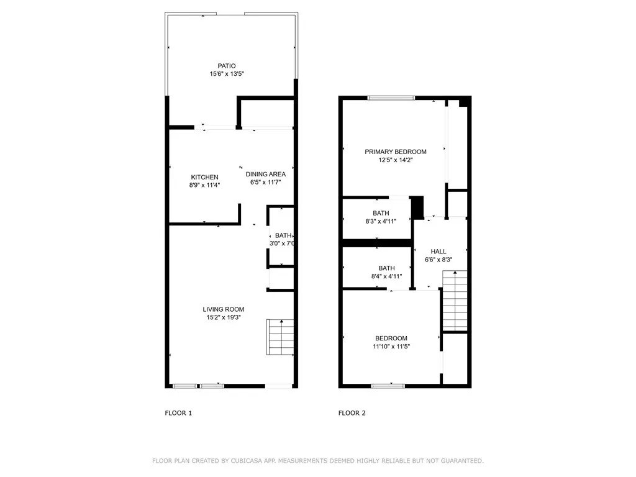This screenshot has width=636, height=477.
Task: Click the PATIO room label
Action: click(226, 66)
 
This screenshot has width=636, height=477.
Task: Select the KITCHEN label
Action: click(204, 177)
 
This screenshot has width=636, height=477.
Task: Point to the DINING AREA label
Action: click(265, 174)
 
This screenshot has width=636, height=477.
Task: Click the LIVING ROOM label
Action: click(223, 309)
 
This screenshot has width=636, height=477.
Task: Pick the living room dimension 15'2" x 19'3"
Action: click(223, 317)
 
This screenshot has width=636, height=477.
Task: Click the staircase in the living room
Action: click(280, 335)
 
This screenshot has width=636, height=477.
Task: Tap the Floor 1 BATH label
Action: click(283, 235)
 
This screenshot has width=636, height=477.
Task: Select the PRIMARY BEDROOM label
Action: click(395, 152)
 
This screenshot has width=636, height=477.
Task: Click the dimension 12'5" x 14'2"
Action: click(395, 160)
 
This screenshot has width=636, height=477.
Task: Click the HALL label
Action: click(438, 252)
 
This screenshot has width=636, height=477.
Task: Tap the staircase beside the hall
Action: click(454, 301)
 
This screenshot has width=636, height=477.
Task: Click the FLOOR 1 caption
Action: click(178, 413)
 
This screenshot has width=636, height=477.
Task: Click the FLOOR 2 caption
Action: click(352, 413)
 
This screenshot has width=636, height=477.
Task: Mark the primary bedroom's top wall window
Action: click(391, 98)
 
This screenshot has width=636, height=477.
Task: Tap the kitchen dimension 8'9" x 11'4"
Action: click(204, 184)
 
